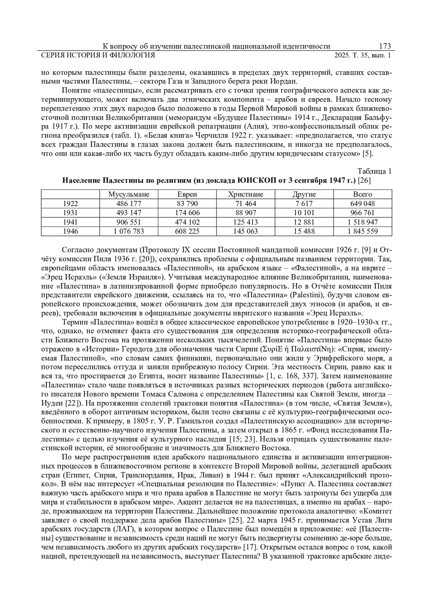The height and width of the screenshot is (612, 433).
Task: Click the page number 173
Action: [x=385, y=46]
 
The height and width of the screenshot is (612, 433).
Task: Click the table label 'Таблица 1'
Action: [x=374, y=171]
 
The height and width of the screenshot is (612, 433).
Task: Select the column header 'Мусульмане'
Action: [x=129, y=194]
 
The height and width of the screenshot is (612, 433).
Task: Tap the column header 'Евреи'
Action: [x=187, y=194]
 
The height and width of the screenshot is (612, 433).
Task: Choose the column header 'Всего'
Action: [x=362, y=194]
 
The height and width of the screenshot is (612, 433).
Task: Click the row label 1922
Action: [x=70, y=204]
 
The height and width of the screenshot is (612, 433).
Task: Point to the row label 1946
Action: [x=70, y=231]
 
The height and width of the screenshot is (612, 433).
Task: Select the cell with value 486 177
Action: [x=129, y=204]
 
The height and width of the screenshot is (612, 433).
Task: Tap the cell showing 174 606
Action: [x=187, y=213]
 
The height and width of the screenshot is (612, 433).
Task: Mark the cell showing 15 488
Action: [x=304, y=231]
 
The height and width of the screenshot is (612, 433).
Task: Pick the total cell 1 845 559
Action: [x=362, y=231]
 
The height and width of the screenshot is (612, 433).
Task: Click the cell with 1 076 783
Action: [x=129, y=231]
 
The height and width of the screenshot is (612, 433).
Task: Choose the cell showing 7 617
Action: [x=304, y=204]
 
